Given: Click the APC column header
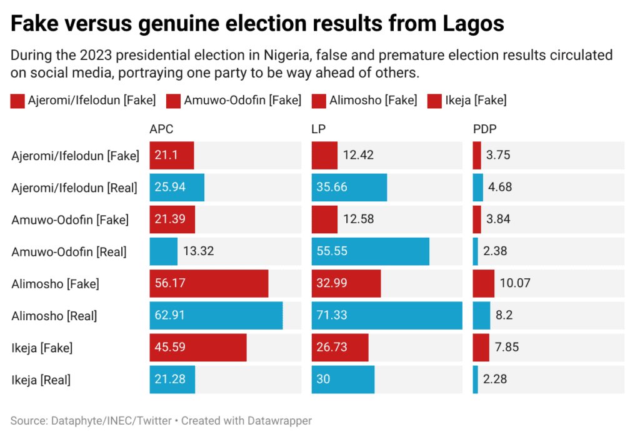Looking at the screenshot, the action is click(161, 129).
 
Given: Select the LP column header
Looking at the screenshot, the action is click(318, 129).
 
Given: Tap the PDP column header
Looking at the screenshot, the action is click(484, 129).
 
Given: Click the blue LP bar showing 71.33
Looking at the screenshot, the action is click(387, 315).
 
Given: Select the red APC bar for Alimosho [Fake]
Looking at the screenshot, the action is click(209, 283).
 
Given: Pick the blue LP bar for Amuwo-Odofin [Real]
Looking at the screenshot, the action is click(370, 251).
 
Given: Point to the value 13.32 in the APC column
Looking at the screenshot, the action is click(198, 251).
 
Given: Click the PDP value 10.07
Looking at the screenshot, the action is click(515, 283).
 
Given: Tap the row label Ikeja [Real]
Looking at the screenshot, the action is click(41, 380).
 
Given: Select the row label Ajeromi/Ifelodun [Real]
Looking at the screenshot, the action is click(74, 188).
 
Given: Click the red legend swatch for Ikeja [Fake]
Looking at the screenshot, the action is click(434, 101).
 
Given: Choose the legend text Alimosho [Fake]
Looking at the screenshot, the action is click(373, 100).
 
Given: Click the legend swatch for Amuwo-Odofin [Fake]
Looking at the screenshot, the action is click(174, 101).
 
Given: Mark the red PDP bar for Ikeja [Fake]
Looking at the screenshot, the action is click(481, 348).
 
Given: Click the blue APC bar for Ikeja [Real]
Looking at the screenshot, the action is click(172, 380).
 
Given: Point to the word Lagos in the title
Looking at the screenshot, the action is click(474, 24).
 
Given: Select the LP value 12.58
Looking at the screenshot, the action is click(358, 219).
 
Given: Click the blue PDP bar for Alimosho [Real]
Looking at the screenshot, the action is click(482, 315).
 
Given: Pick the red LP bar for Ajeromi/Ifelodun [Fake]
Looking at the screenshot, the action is click(324, 155).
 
